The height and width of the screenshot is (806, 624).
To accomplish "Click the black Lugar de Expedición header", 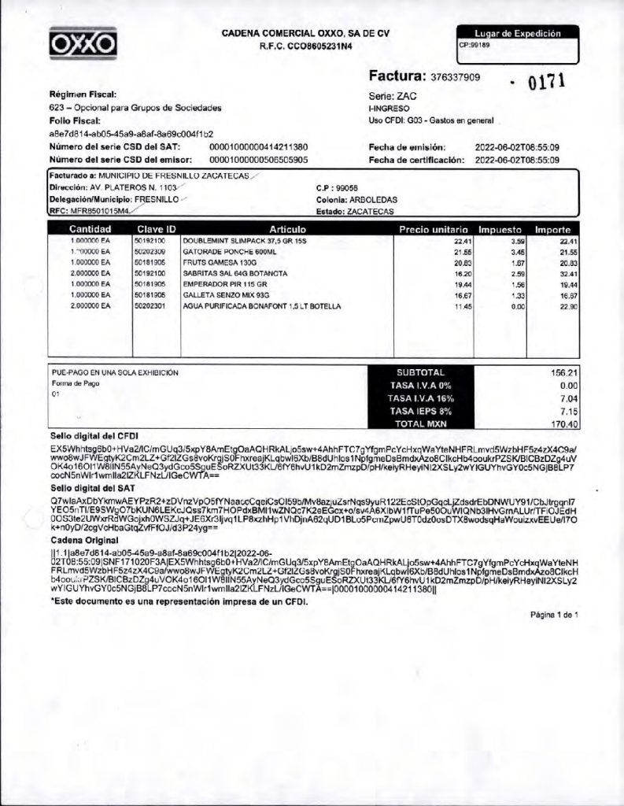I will point(517,34).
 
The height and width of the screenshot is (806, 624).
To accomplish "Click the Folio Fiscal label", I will point(76,120).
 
